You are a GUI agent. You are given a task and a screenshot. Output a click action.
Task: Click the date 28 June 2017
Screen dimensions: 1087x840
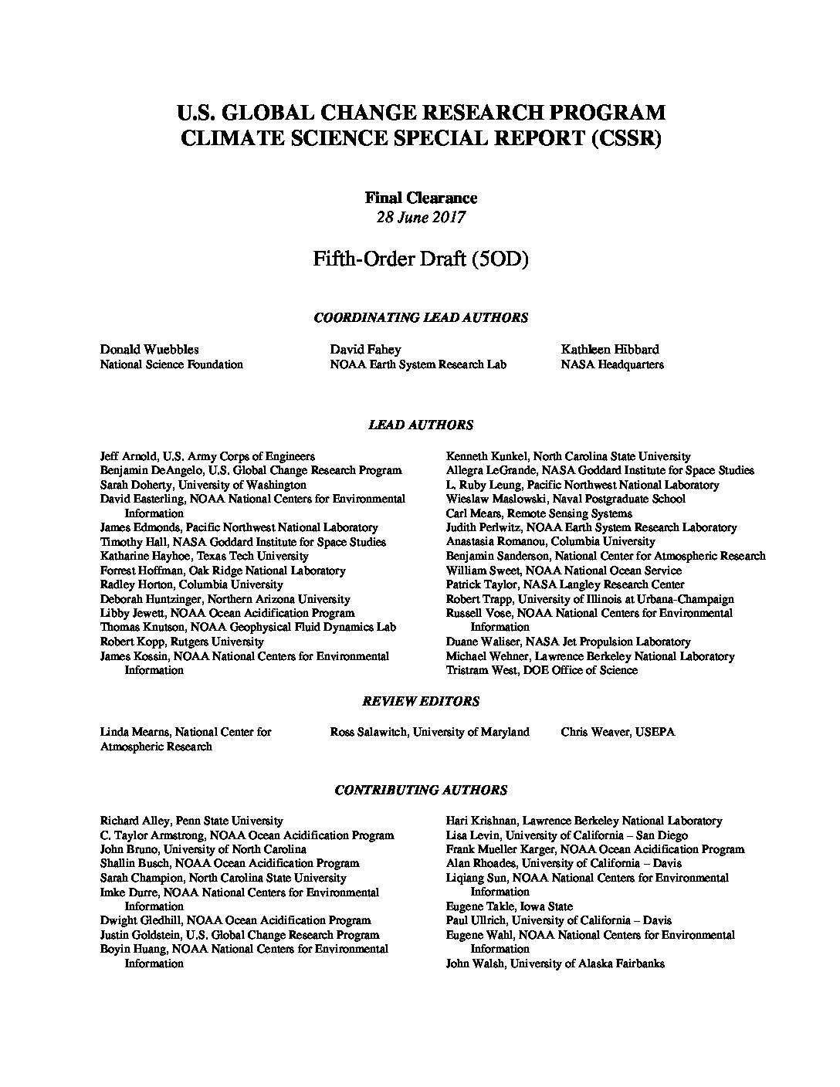(x=420, y=217)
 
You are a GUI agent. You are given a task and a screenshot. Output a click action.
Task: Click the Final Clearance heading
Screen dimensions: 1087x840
(x=420, y=198)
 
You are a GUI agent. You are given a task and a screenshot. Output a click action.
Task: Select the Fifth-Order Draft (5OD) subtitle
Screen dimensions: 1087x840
(x=420, y=259)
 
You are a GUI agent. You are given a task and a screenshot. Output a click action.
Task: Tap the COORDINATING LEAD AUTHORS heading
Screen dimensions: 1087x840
(x=420, y=317)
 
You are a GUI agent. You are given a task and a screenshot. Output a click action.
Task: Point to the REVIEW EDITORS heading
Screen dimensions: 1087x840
(x=420, y=701)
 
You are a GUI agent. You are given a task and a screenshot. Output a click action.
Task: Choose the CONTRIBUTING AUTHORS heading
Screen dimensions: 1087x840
(x=420, y=790)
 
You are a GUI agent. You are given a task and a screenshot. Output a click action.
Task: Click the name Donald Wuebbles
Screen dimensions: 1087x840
(x=149, y=350)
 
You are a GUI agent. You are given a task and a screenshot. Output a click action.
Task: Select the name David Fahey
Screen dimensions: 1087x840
(x=365, y=350)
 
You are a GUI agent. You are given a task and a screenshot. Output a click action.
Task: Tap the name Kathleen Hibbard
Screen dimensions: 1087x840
(x=610, y=350)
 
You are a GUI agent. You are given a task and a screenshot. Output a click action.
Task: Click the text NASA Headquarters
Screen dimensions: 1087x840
(x=612, y=364)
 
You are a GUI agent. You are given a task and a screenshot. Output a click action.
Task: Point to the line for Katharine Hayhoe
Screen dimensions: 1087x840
(x=204, y=556)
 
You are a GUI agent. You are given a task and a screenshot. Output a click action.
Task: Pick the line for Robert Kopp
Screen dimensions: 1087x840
(x=181, y=642)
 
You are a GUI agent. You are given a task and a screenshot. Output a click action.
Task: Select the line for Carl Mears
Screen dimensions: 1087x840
(x=539, y=513)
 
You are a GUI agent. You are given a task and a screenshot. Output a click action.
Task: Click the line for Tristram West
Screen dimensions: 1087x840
(x=541, y=670)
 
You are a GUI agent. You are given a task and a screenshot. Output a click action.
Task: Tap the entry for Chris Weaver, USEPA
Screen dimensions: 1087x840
(x=618, y=731)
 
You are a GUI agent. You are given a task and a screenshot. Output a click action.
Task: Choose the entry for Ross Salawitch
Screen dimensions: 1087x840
(x=429, y=731)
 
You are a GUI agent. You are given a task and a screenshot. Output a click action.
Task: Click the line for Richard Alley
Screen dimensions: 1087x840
(x=191, y=821)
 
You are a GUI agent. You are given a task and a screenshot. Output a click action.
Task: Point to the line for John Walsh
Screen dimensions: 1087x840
(x=554, y=963)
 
